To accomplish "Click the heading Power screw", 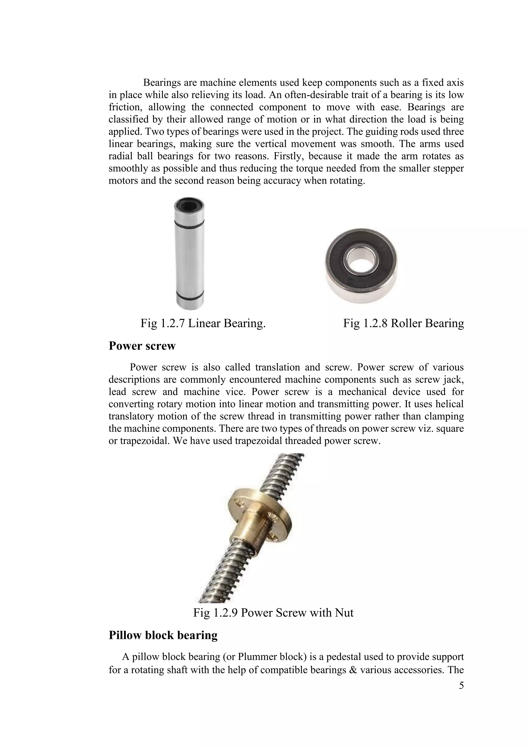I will tap(142, 346).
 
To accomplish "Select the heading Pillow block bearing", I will tap(163, 635).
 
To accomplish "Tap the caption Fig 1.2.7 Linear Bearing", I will tap(203, 323).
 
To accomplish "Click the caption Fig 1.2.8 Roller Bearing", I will tap(403, 323).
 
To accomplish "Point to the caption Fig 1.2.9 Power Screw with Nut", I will tap(273, 613).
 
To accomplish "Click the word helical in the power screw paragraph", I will tap(450, 404).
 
